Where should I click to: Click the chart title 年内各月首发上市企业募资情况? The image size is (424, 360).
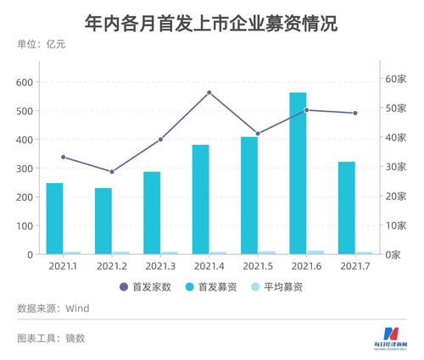tap(212, 23)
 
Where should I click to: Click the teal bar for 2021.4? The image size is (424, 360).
tap(200, 200)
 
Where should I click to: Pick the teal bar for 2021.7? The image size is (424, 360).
tap(346, 208)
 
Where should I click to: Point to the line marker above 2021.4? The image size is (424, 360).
tap(209, 92)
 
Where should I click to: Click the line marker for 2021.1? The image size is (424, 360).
tap(64, 157)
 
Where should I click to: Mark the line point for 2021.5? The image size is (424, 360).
tap(258, 134)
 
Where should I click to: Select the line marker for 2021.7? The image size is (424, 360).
tap(355, 113)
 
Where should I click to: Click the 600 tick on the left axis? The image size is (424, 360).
tap(23, 82)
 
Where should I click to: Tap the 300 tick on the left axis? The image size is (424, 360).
tap(23, 169)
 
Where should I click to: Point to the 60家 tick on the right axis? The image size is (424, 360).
tap(396, 79)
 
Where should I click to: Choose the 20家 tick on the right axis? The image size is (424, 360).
tap(396, 197)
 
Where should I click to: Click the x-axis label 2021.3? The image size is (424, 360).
tap(160, 266)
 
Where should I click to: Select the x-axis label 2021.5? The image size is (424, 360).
tap(258, 266)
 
